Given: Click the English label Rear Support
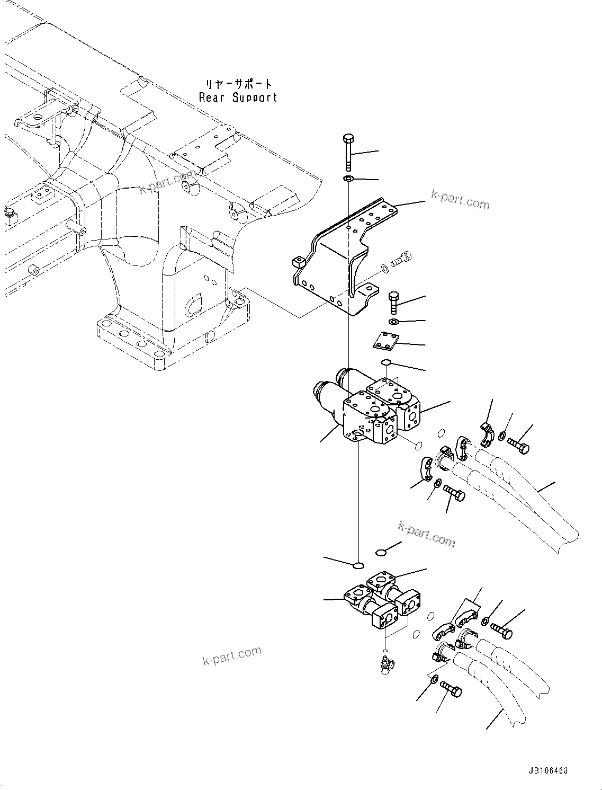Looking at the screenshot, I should [238, 97].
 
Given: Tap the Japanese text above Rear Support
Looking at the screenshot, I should [239, 84].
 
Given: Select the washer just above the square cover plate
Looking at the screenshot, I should [393, 322].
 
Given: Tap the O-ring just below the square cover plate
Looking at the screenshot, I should [387, 362].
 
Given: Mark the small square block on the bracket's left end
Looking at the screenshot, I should [296, 261].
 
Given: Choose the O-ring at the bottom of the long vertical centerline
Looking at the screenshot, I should [358, 565].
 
